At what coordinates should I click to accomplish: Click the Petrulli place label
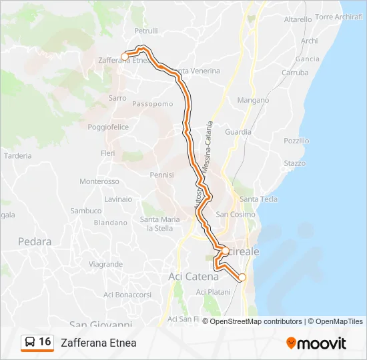coord(146,31)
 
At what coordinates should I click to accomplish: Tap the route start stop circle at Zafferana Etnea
coord(125,57)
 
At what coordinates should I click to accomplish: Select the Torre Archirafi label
coord(338,17)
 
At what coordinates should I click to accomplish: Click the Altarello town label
coord(298,19)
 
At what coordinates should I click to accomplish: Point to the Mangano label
coord(253,100)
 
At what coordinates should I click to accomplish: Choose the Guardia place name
coord(238,132)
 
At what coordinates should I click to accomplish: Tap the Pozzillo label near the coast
coord(296,141)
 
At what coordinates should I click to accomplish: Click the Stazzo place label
coord(294,163)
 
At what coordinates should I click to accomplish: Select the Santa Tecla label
coord(258,199)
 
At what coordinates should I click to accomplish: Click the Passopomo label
coord(153,103)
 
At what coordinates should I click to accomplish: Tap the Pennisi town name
coord(161,175)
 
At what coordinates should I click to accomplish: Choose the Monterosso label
coord(99,181)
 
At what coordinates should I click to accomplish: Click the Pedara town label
coord(35,242)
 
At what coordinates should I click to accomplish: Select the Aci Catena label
coord(193,276)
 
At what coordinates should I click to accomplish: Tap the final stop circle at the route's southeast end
coord(242,277)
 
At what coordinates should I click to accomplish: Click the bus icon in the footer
coord(30,343)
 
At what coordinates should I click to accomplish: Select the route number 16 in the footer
coord(45,342)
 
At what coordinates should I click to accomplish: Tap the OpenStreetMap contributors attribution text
coord(252,321)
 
